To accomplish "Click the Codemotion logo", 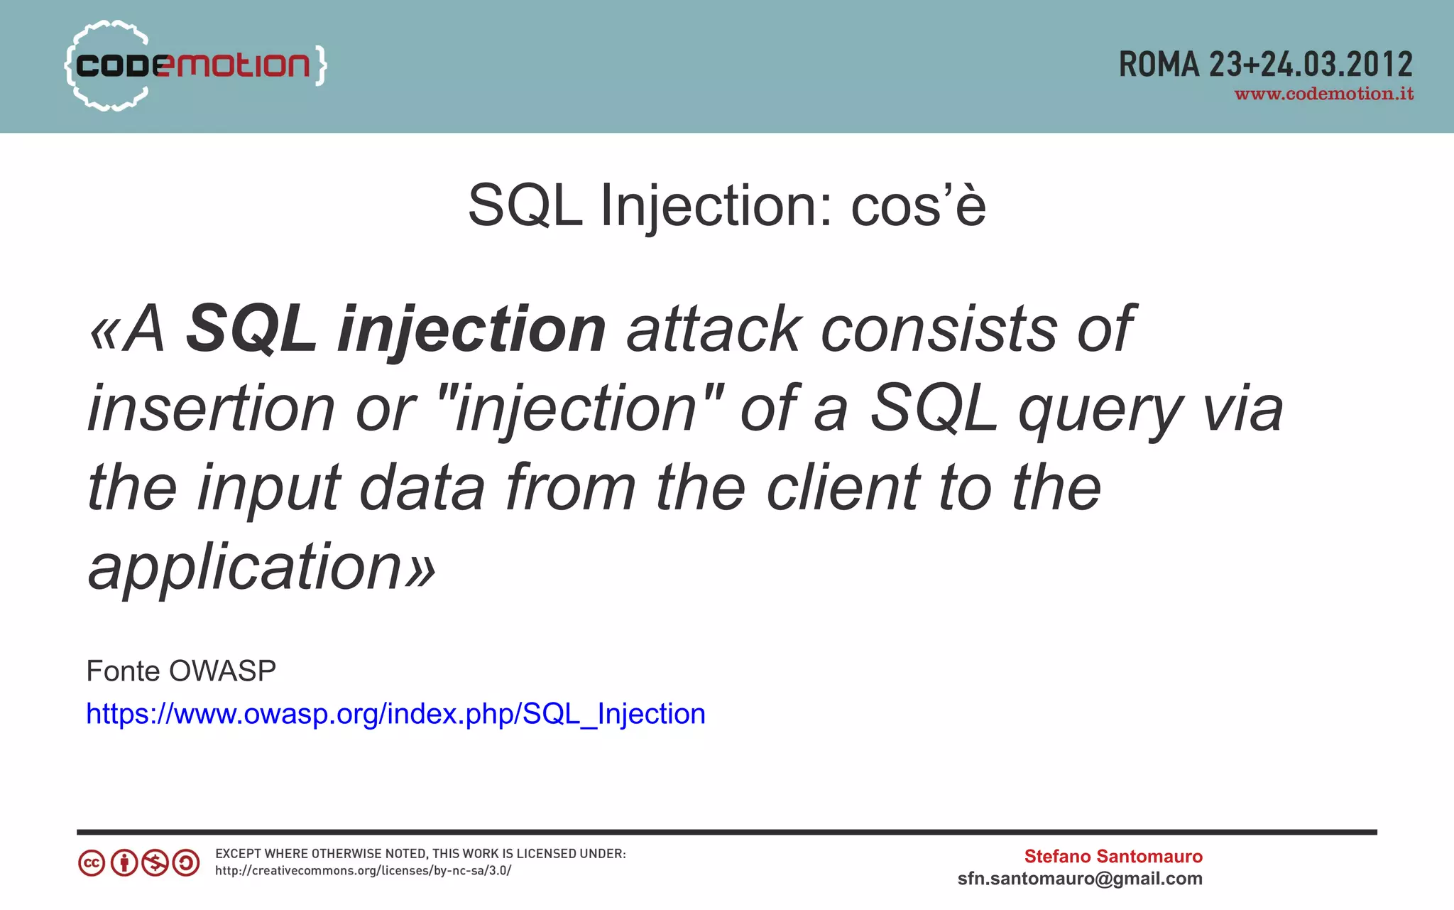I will [x=195, y=65].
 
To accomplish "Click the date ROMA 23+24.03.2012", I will [x=1265, y=65].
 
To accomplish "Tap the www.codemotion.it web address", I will [x=1323, y=94].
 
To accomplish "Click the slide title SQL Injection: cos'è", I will [x=726, y=206].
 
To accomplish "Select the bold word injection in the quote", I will [x=471, y=329].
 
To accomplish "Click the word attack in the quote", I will [x=713, y=329].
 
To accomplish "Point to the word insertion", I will [x=211, y=408].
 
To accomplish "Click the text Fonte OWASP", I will [x=181, y=671].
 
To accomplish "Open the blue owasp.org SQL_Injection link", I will [x=395, y=713].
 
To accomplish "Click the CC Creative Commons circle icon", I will [x=92, y=863].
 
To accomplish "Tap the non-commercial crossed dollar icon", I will [x=155, y=863].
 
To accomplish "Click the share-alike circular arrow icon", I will [x=186, y=863].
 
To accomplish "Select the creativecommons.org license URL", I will [x=363, y=871].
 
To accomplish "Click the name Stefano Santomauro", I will [x=1113, y=856].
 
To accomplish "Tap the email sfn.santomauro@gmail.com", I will [x=1079, y=879].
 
